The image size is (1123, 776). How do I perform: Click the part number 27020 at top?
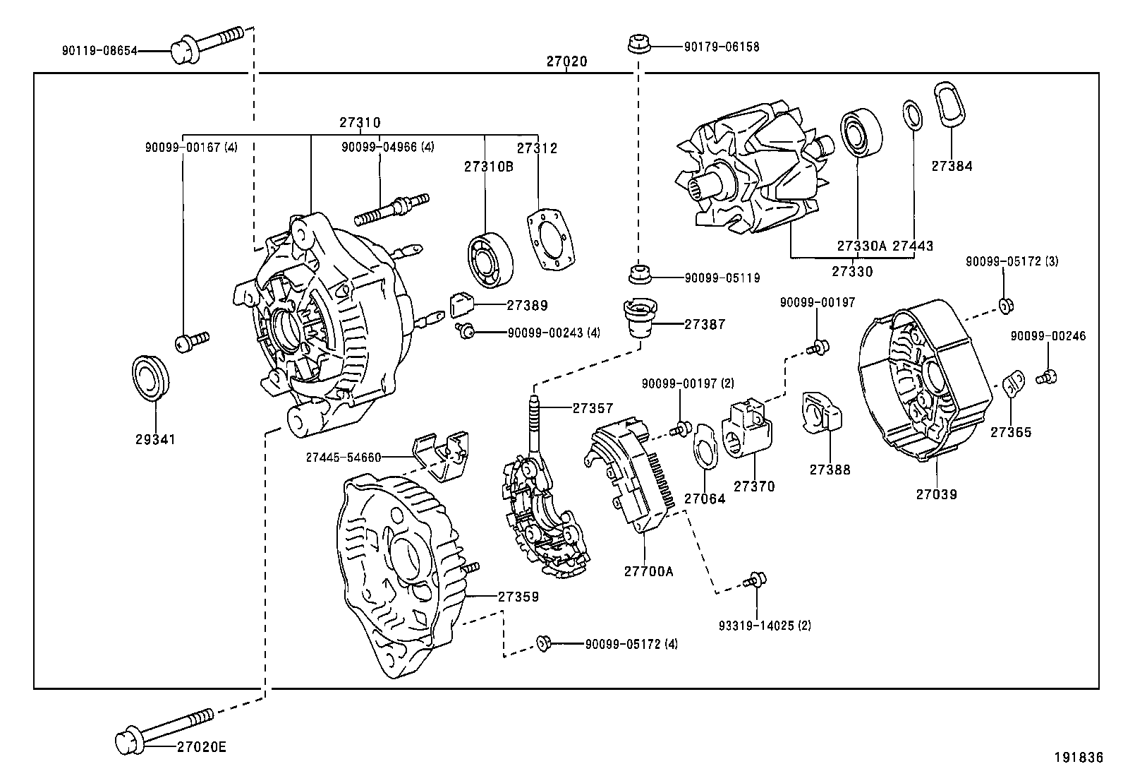(566, 62)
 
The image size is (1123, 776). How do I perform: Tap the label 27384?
(952, 167)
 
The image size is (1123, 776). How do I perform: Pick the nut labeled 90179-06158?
(637, 44)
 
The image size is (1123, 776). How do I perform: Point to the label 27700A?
(648, 572)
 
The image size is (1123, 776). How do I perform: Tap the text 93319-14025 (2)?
(765, 626)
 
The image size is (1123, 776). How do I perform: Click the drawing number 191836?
(1078, 758)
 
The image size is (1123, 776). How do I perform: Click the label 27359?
(518, 597)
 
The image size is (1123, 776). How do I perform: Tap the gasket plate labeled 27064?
(703, 447)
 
